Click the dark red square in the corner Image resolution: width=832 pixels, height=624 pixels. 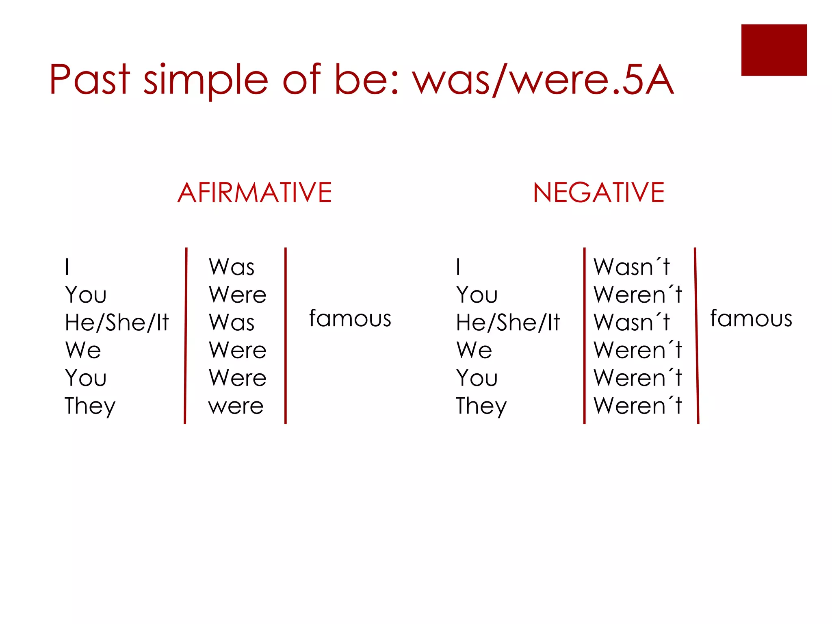pyautogui.click(x=773, y=50)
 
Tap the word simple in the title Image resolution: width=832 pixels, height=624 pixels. pyautogui.click(x=206, y=80)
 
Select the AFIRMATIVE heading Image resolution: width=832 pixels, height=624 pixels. pyautogui.click(x=255, y=193)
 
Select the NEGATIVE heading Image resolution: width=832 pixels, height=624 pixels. pyautogui.click(x=598, y=193)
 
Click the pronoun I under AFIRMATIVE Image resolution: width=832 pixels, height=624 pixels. pyautogui.click(x=67, y=267)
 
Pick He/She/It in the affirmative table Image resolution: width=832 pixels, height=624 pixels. pyautogui.click(x=117, y=323)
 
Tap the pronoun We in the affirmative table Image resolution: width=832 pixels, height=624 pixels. pyautogui.click(x=83, y=350)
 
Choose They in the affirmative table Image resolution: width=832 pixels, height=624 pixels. pyautogui.click(x=90, y=406)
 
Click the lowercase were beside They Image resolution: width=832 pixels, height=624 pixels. pyautogui.click(x=236, y=406)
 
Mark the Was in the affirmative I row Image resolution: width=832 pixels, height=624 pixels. pyautogui.click(x=232, y=267)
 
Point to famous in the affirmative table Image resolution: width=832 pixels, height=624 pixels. pyautogui.click(x=350, y=318)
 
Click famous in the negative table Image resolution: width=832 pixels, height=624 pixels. pyautogui.click(x=751, y=318)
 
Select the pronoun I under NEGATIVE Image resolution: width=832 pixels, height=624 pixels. pyautogui.click(x=458, y=267)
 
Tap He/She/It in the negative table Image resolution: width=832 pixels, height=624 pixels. pyautogui.click(x=508, y=323)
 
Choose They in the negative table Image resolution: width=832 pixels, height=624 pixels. pyautogui.click(x=481, y=406)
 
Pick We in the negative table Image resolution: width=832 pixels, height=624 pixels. pyautogui.click(x=474, y=350)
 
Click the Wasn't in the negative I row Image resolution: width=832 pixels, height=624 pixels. pyautogui.click(x=631, y=267)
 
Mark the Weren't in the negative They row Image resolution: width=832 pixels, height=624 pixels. pyautogui.click(x=637, y=405)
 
